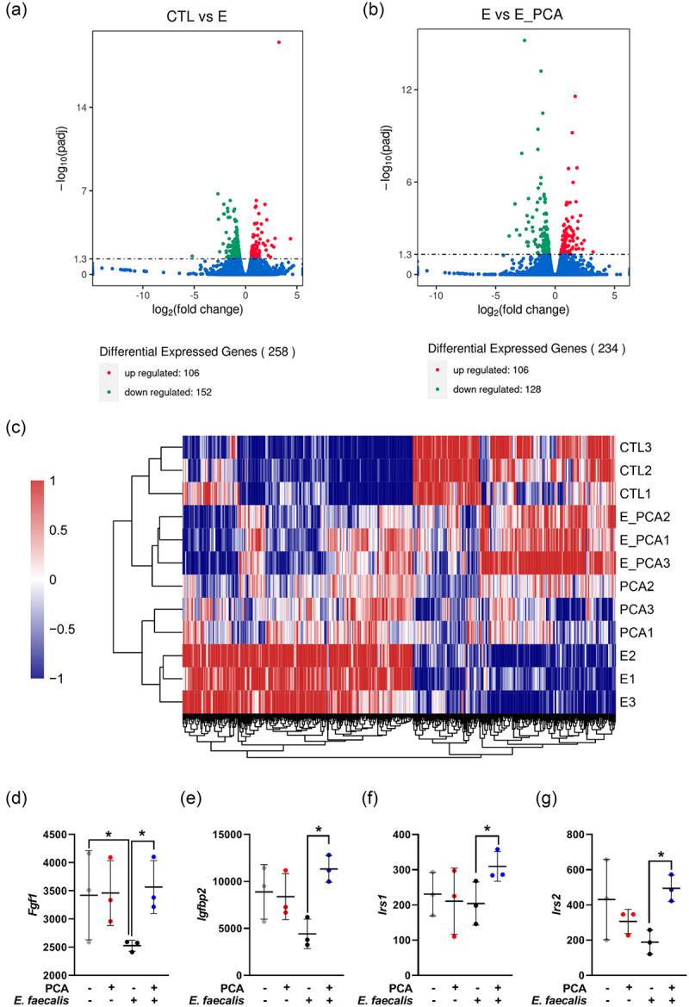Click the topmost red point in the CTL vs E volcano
click(278, 41)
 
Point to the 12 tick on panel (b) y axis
click(409, 90)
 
